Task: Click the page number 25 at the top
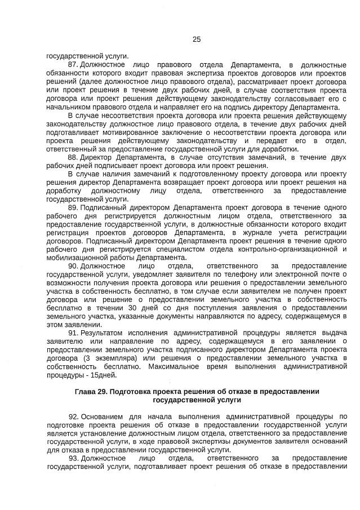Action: (x=197, y=39)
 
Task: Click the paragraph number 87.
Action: (x=72, y=65)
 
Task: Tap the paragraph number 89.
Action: (x=72, y=207)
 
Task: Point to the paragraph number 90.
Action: (x=72, y=265)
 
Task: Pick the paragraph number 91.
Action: (x=72, y=332)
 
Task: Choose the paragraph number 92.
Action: (x=72, y=416)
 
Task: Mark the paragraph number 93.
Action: (x=72, y=458)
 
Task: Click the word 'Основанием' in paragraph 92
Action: (x=103, y=416)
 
